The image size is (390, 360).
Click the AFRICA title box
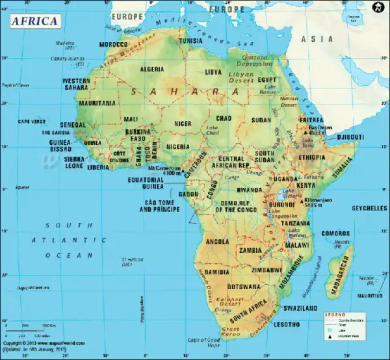pos(34,20)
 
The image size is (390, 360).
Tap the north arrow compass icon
pos(376,8)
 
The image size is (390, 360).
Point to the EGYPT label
pos(268,80)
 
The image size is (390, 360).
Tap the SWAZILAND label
pos(300,307)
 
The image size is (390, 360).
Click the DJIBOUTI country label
pos(350,137)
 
